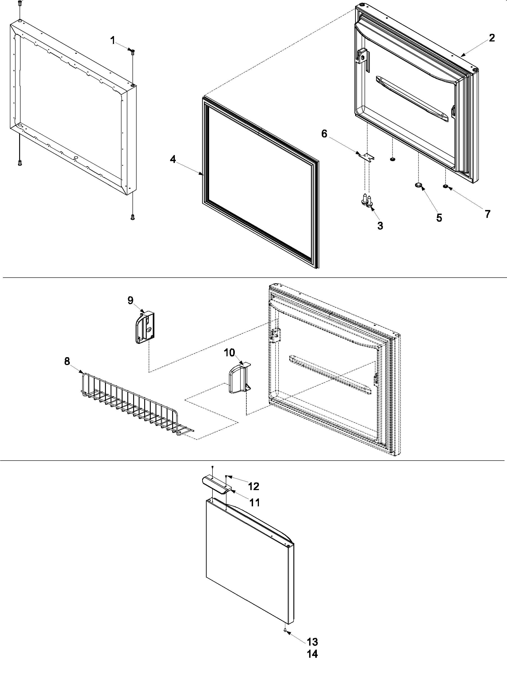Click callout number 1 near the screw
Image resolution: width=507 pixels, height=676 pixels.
point(113,40)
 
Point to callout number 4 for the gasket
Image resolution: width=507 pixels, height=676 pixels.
point(173,159)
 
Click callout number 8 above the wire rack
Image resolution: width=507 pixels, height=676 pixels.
point(67,361)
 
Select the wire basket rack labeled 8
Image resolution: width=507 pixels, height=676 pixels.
point(135,403)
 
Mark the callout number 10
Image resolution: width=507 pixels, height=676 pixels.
point(230,353)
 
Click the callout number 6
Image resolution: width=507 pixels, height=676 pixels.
point(324,134)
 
